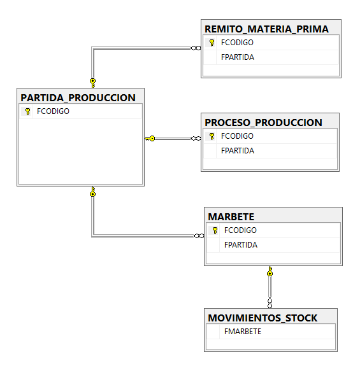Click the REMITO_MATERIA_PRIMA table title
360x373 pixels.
click(266, 29)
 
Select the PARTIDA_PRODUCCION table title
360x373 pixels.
click(78, 98)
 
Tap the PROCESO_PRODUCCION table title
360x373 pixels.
click(263, 123)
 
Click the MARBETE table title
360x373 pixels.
click(231, 216)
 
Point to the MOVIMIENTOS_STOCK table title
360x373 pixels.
click(263, 318)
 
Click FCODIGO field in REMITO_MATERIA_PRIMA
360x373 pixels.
click(237, 43)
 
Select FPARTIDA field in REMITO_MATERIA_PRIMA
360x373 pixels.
click(238, 57)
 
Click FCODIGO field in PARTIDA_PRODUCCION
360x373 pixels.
click(53, 111)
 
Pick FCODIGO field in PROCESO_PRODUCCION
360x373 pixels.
click(237, 136)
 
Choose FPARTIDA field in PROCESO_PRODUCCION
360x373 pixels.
click(238, 151)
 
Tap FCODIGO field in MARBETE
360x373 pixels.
click(240, 230)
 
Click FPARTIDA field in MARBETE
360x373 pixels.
click(241, 245)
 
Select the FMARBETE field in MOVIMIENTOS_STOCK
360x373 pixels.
click(243, 332)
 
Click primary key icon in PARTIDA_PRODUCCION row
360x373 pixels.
click(27, 111)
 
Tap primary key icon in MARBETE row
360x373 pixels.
click(215, 230)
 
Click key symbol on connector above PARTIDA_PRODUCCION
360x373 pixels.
click(92, 83)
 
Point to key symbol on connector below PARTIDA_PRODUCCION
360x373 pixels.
click(92, 192)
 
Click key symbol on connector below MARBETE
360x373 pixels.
click(270, 271)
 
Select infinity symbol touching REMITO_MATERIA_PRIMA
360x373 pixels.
click(196, 48)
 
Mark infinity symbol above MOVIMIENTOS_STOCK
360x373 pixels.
click(270, 304)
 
